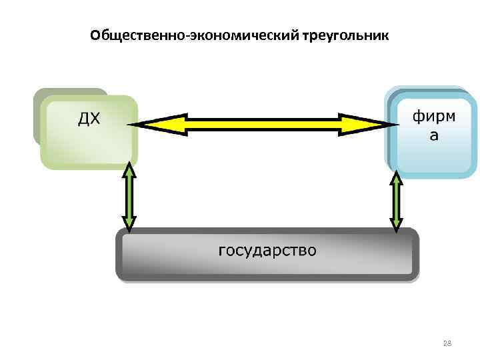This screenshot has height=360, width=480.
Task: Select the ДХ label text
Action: click(89, 119)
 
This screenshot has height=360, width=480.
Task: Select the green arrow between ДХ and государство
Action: click(129, 197)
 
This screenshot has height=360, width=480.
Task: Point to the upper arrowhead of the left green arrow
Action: click(129, 170)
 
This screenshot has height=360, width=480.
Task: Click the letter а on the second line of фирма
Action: click(434, 136)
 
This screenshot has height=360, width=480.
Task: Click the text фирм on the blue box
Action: click(434, 117)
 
